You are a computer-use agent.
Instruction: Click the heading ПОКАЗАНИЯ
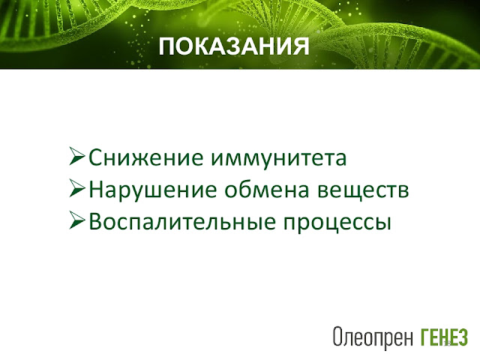234,46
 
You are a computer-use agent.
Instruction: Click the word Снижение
145,157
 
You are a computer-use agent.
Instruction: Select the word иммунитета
279,158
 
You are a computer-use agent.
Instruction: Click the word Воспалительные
182,221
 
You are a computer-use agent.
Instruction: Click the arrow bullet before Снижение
76,156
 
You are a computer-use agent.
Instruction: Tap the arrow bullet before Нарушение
76,188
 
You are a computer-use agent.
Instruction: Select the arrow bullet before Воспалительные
76,220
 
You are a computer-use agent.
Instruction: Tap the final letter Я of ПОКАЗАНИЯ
301,46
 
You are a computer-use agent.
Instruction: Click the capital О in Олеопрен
337,337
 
